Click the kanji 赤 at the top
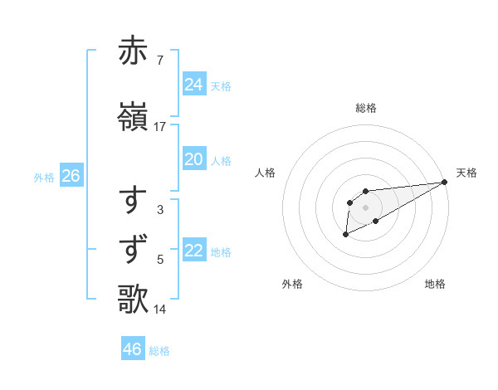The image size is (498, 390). tap(134, 51)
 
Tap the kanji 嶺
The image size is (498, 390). tap(134, 117)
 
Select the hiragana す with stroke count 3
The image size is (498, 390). tap(134, 201)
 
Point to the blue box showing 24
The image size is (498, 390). tap(194, 85)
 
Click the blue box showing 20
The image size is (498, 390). tap(194, 159)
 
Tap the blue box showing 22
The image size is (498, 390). tap(194, 251)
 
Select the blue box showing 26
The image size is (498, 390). tap(71, 176)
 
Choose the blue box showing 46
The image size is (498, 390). tap(133, 349)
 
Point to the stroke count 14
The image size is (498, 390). tap(160, 310)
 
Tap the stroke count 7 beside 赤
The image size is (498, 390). tap(159, 61)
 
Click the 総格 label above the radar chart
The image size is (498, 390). tap(366, 109)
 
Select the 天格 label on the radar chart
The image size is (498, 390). tap(467, 173)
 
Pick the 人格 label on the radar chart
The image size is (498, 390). tap(265, 173)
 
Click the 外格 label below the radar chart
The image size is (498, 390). tap(292, 284)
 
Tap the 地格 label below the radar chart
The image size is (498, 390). tap(435, 284)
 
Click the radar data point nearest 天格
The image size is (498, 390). tap(445, 183)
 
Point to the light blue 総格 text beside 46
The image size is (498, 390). tap(159, 351)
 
